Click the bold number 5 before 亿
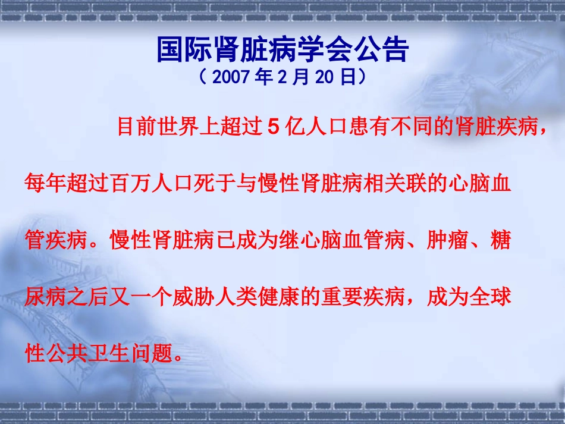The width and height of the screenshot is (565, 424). click(x=274, y=127)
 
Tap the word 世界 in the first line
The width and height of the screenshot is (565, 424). click(x=172, y=127)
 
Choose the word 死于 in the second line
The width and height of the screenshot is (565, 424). click(x=209, y=185)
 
